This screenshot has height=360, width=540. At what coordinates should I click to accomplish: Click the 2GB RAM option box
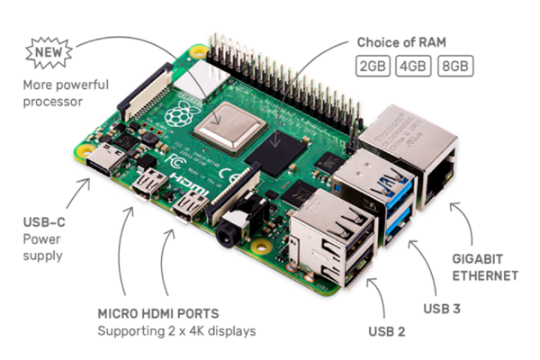pyautogui.click(x=373, y=66)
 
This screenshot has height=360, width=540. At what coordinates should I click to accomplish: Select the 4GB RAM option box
pyautogui.click(x=413, y=66)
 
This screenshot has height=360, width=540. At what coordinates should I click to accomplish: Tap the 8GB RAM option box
pyautogui.click(x=455, y=66)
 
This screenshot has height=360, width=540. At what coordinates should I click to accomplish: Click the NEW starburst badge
pyautogui.click(x=49, y=53)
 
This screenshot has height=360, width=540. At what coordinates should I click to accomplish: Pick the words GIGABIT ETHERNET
pyautogui.click(x=485, y=267)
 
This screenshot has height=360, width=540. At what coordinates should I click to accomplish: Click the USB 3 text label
pyautogui.click(x=442, y=309)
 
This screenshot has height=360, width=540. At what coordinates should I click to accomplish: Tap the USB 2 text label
pyautogui.click(x=387, y=331)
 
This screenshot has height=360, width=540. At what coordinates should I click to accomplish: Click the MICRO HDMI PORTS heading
pyautogui.click(x=158, y=313)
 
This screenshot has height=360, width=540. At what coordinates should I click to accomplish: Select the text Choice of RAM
pyautogui.click(x=401, y=42)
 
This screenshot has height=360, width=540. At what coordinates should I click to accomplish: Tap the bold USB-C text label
pyautogui.click(x=44, y=222)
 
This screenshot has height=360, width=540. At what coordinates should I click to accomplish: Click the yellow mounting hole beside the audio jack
pyautogui.click(x=262, y=247)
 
